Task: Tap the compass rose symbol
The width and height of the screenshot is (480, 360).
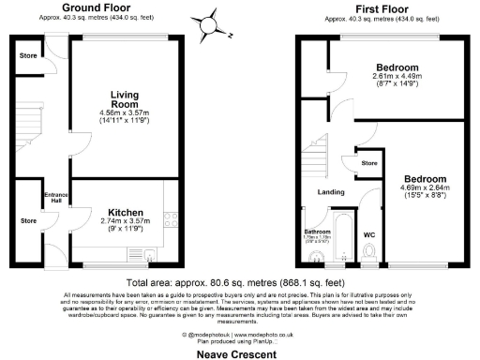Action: click(x=216, y=22)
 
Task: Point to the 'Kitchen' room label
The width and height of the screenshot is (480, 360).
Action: click(x=125, y=212)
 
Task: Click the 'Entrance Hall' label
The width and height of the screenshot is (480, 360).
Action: click(x=54, y=198)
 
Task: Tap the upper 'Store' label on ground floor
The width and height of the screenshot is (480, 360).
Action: click(x=27, y=55)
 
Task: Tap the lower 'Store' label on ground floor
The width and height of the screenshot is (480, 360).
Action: click(x=27, y=221)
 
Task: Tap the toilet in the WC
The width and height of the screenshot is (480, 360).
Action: click(x=371, y=251)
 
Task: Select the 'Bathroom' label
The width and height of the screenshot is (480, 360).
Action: click(x=316, y=231)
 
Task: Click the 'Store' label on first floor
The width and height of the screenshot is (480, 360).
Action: click(x=368, y=162)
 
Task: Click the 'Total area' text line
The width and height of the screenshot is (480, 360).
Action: click(x=239, y=281)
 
